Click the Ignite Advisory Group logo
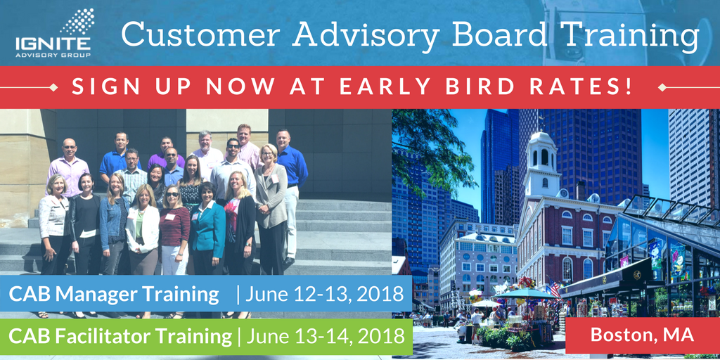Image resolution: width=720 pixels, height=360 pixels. [x=54, y=33]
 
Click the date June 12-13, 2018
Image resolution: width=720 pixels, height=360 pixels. [x=324, y=294]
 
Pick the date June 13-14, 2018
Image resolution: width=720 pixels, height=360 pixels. [x=325, y=337]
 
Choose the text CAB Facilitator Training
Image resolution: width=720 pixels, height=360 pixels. [x=120, y=337]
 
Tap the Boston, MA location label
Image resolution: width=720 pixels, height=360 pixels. [x=642, y=334]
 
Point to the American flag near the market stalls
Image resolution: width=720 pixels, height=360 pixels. [x=555, y=288]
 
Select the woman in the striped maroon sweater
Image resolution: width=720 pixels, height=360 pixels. [x=174, y=230]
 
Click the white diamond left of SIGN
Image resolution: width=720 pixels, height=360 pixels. [x=53, y=87]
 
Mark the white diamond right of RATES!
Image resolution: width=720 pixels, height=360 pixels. [x=662, y=87]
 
